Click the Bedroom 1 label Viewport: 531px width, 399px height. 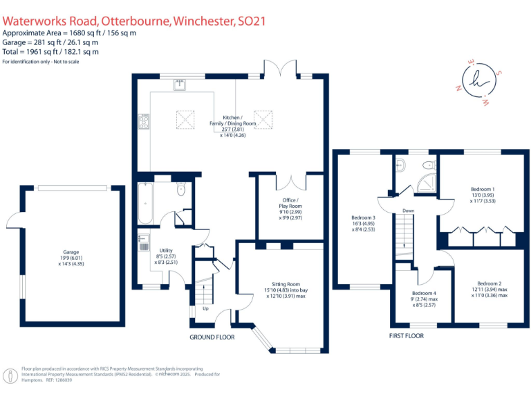(483, 189)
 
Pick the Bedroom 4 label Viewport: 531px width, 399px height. (425, 293)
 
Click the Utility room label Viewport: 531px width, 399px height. (165, 250)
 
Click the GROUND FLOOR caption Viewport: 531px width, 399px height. (212, 337)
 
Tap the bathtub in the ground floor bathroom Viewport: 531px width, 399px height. (145, 203)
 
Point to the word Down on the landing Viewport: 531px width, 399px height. (409, 211)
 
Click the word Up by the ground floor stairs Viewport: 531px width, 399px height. (205, 308)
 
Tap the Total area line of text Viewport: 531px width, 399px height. (50, 51)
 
